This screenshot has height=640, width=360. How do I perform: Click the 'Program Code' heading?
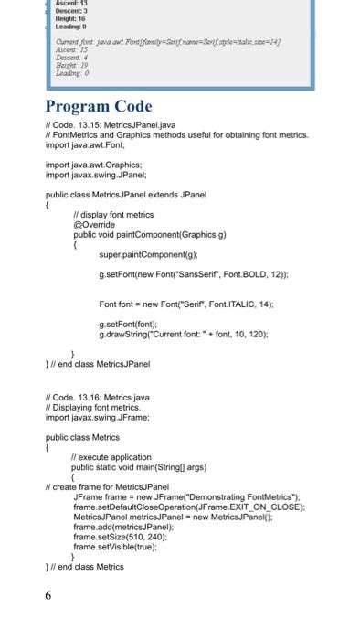point(99,107)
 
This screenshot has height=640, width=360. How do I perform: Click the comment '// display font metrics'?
point(113,214)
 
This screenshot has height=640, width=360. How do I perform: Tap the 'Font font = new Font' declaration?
point(185,303)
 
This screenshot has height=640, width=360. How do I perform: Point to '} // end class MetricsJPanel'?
point(100,364)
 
